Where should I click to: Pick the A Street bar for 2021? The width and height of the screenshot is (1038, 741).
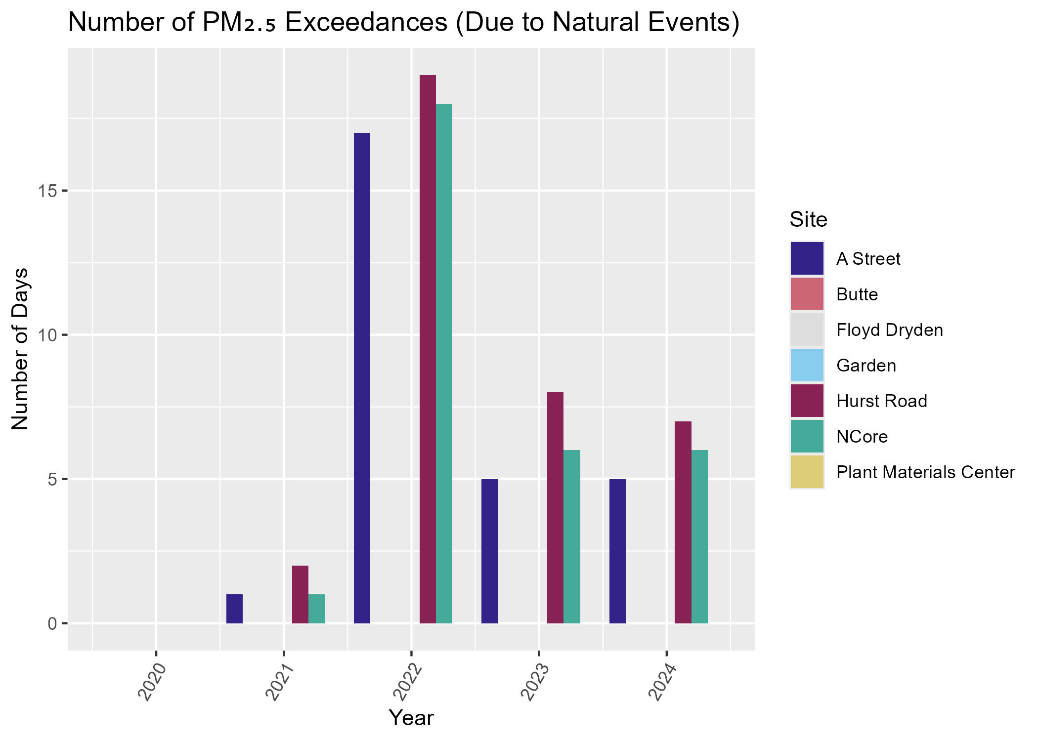point(234,609)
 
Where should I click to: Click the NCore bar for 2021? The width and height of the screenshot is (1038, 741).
point(316,609)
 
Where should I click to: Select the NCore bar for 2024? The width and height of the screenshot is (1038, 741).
point(699,536)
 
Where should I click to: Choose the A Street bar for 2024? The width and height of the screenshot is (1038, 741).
point(617,551)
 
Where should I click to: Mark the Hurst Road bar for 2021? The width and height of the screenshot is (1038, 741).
point(300,594)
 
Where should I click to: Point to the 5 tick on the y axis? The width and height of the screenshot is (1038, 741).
point(51,479)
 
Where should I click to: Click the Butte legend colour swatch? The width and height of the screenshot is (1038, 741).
point(807,294)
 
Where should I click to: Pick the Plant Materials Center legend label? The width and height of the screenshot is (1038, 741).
point(925,472)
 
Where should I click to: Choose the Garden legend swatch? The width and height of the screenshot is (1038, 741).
point(807,366)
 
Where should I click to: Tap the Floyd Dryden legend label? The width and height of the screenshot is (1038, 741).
point(889,330)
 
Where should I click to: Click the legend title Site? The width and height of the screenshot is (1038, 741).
point(808,220)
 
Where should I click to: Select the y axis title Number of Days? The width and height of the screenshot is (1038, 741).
point(21,348)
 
